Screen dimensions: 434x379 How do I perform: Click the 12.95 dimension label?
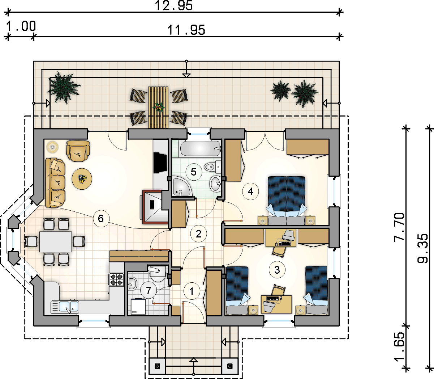pyautogui.click(x=174, y=5)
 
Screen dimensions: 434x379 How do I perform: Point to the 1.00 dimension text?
pyautogui.click(x=21, y=26)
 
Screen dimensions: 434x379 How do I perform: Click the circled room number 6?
pyautogui.click(x=101, y=218)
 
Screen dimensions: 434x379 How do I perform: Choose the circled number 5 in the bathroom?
pyautogui.click(x=194, y=172)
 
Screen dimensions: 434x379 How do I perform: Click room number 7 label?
pyautogui.click(x=149, y=290)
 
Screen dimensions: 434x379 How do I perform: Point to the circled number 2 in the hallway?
pyautogui.click(x=198, y=234)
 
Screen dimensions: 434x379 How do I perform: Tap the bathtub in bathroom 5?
pyautogui.click(x=200, y=148)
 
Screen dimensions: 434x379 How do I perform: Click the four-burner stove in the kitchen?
pyautogui.click(x=116, y=279)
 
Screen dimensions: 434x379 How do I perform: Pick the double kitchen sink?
pyautogui.click(x=65, y=307)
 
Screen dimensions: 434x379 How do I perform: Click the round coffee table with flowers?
pyautogui.click(x=82, y=179)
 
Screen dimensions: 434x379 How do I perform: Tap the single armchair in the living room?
pyautogui.click(x=78, y=151)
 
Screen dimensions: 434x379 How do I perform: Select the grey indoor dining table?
pyautogui.click(x=56, y=242)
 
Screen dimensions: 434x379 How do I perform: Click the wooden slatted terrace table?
pyautogui.click(x=158, y=107)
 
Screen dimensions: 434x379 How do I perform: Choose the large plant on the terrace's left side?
pyautogui.click(x=63, y=88)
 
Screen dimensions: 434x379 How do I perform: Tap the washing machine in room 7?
pyautogui.click(x=138, y=307)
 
